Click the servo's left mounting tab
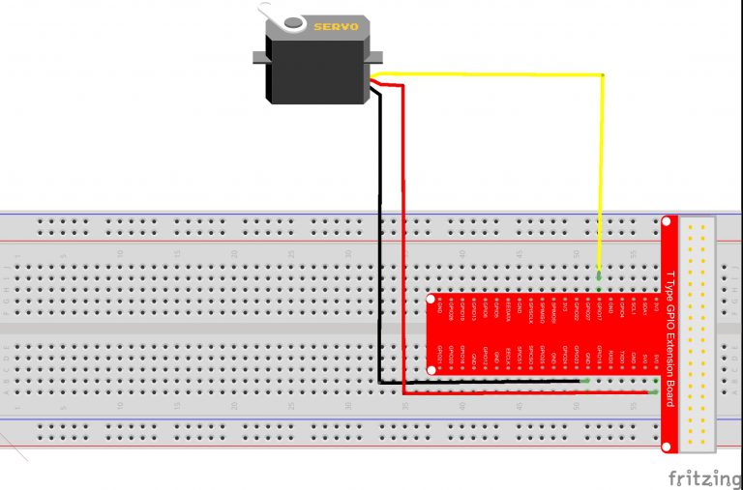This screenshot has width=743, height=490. tap(258, 58)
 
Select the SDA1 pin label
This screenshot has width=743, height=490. tap(644, 309)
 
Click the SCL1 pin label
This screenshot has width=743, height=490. tap(633, 309)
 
